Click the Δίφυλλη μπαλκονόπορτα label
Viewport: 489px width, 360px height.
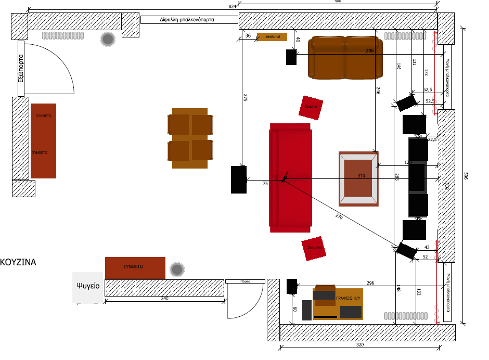[x=189, y=20]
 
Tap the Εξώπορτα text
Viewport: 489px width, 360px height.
[x=21, y=69]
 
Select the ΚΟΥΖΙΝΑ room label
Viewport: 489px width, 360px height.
[x=19, y=262]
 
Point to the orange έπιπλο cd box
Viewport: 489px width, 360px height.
[x=272, y=37]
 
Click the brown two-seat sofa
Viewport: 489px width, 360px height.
[x=345, y=57]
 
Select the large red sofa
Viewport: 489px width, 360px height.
[x=290, y=178]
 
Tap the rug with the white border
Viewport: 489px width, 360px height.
[x=358, y=179]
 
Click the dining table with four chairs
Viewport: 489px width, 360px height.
[x=190, y=138]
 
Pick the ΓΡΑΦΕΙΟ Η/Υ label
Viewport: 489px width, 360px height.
[x=348, y=298]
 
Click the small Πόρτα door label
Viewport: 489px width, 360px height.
[x=246, y=281]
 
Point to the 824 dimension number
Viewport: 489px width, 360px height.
[x=233, y=6]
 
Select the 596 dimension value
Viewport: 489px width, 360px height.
[x=466, y=177]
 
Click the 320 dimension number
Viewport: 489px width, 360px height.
[x=360, y=345]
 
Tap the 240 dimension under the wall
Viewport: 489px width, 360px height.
[x=164, y=299]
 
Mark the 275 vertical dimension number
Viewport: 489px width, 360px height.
[x=245, y=97]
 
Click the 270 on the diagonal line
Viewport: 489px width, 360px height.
[x=339, y=216]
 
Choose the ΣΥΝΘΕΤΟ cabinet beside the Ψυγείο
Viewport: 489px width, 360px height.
[x=135, y=267]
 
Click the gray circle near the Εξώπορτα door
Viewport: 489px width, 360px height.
[x=108, y=40]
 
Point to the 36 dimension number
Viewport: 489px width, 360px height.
[x=248, y=36]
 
